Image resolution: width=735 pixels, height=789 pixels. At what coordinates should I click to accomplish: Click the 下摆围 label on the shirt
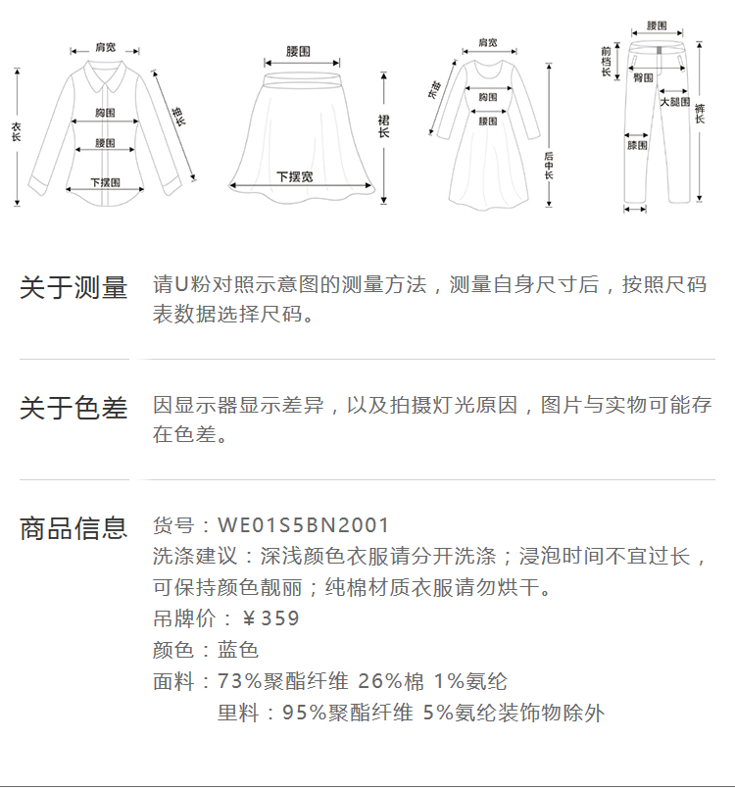tap(105, 182)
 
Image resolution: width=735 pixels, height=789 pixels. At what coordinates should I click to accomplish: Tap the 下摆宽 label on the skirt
tap(294, 176)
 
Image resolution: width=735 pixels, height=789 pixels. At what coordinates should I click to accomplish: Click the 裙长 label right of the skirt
tap(383, 124)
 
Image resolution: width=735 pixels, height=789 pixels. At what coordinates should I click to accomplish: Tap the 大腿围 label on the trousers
tap(674, 101)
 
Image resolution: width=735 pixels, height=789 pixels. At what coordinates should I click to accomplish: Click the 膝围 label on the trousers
tap(637, 145)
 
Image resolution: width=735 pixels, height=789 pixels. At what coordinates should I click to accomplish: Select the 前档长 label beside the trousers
tap(607, 61)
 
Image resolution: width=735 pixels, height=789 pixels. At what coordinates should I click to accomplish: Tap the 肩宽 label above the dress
tap(487, 43)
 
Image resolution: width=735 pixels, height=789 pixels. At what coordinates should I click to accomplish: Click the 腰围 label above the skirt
tap(299, 51)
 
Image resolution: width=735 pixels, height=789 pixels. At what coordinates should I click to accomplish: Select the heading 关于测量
tap(73, 288)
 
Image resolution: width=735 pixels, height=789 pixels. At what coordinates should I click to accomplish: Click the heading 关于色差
tap(73, 408)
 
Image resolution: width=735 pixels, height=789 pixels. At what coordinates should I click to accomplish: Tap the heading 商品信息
tap(73, 528)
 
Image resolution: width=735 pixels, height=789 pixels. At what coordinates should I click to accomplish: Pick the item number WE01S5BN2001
tap(304, 526)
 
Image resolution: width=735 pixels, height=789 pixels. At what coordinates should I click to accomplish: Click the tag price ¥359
tap(270, 618)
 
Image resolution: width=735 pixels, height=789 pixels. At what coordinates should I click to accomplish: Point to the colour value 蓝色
tap(238, 650)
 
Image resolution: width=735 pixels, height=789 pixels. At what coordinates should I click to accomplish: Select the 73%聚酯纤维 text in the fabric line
tap(283, 681)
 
